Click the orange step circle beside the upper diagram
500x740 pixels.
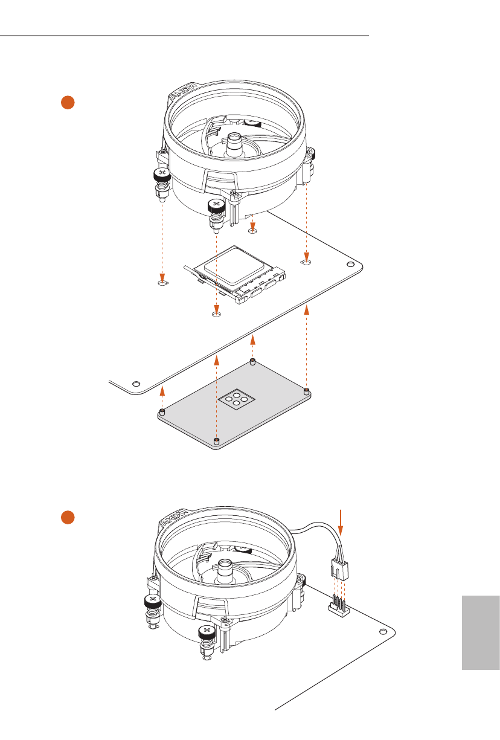point(68,102)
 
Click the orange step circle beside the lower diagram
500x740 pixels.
point(68,518)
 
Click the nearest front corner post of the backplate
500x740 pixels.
point(217,439)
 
